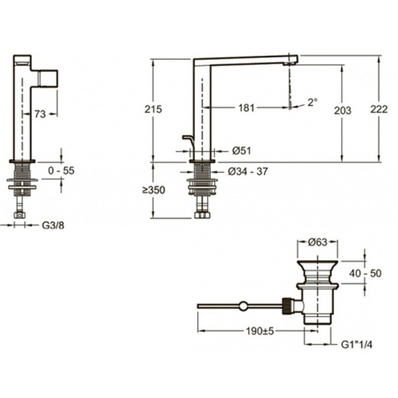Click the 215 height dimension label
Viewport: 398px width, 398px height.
tap(153, 109)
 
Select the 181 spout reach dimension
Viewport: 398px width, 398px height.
tap(246, 108)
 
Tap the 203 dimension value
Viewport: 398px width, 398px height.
tap(342, 110)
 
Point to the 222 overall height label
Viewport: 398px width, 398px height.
tap(379, 109)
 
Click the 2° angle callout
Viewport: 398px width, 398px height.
tap(312, 102)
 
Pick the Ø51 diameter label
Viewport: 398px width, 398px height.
tap(241, 151)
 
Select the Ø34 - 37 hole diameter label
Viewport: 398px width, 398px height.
tap(248, 172)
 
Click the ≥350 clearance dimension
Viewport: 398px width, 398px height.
tap(154, 190)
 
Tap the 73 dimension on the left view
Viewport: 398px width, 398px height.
tap(40, 114)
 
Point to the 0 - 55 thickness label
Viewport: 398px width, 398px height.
tap(61, 171)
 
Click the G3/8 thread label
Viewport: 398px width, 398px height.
tap(53, 225)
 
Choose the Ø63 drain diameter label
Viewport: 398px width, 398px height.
tap(317, 242)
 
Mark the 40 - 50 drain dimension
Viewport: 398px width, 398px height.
tap(365, 273)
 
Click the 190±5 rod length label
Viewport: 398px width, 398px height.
tap(260, 331)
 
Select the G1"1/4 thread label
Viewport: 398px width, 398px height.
tap(357, 344)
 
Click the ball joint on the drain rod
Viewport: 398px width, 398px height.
tap(243, 305)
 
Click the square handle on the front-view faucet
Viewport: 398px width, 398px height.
tap(47, 79)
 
